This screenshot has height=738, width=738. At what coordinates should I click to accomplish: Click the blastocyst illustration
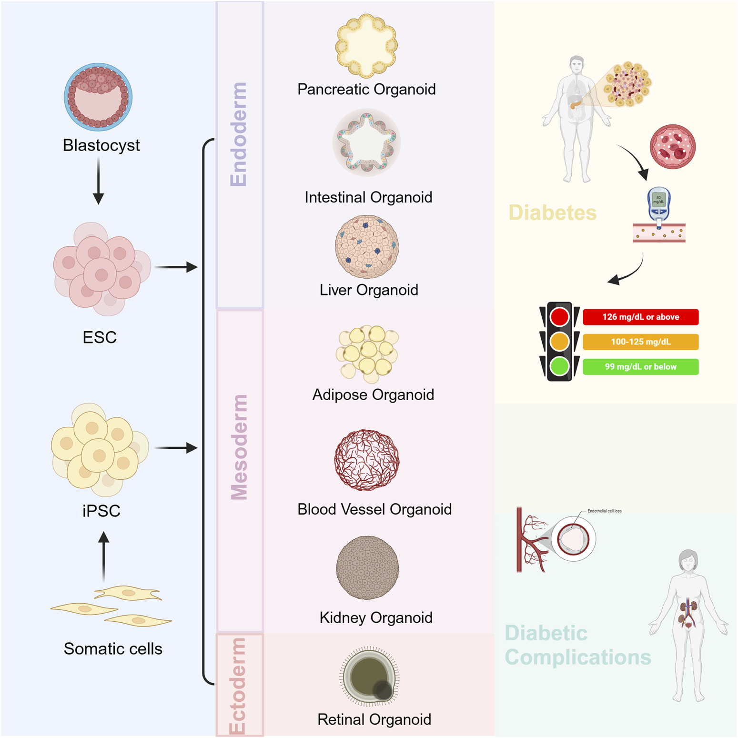click(98, 97)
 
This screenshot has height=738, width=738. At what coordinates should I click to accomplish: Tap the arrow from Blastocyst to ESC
click(98, 181)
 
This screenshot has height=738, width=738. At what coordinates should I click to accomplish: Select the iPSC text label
click(101, 511)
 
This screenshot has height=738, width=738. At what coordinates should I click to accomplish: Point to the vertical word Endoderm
click(239, 134)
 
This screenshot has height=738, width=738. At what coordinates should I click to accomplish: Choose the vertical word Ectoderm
click(238, 686)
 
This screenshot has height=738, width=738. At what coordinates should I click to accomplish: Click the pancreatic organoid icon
click(366, 46)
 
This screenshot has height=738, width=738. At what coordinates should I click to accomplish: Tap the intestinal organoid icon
click(366, 142)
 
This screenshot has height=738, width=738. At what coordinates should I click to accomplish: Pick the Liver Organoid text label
click(369, 290)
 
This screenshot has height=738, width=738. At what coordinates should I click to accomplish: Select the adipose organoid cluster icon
click(367, 353)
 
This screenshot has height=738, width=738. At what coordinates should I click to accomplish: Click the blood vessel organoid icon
click(366, 460)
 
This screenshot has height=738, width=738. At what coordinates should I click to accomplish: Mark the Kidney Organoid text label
click(376, 617)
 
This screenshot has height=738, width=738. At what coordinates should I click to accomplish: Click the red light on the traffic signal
click(559, 317)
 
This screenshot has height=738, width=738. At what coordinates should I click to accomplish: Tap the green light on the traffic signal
click(559, 366)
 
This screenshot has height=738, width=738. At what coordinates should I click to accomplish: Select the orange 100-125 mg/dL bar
click(640, 342)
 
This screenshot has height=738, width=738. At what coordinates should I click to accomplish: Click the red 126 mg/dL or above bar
click(640, 317)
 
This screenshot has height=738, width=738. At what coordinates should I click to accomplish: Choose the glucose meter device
click(658, 205)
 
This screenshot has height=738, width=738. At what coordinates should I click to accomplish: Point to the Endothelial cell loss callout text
click(604, 511)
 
